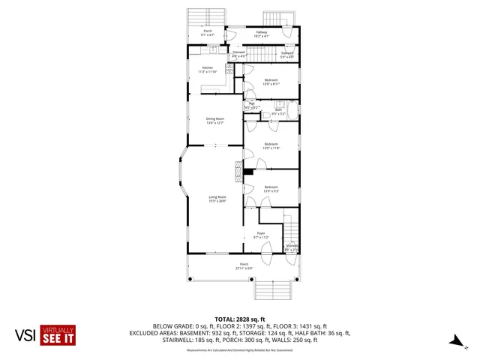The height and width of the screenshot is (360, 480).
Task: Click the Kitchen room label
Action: pyautogui.click(x=208, y=70)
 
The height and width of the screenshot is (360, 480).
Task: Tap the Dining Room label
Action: pyautogui.click(x=216, y=121)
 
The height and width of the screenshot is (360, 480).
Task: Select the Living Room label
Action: pyautogui.click(x=217, y=199)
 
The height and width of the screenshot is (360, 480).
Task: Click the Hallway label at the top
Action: pyautogui.click(x=262, y=34)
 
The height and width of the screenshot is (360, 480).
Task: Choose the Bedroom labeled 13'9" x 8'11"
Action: pyautogui.click(x=271, y=82)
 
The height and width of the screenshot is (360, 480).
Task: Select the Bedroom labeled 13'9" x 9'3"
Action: pyautogui.click(x=271, y=188)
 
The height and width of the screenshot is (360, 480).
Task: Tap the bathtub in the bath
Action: pyautogui.click(x=293, y=111)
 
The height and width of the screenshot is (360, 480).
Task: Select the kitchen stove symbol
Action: pyautogui.click(x=213, y=49)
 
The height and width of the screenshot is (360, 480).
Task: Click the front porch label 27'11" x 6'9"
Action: pyautogui.click(x=244, y=265)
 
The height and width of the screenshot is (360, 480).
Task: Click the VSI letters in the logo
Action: pyautogui.click(x=25, y=335)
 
